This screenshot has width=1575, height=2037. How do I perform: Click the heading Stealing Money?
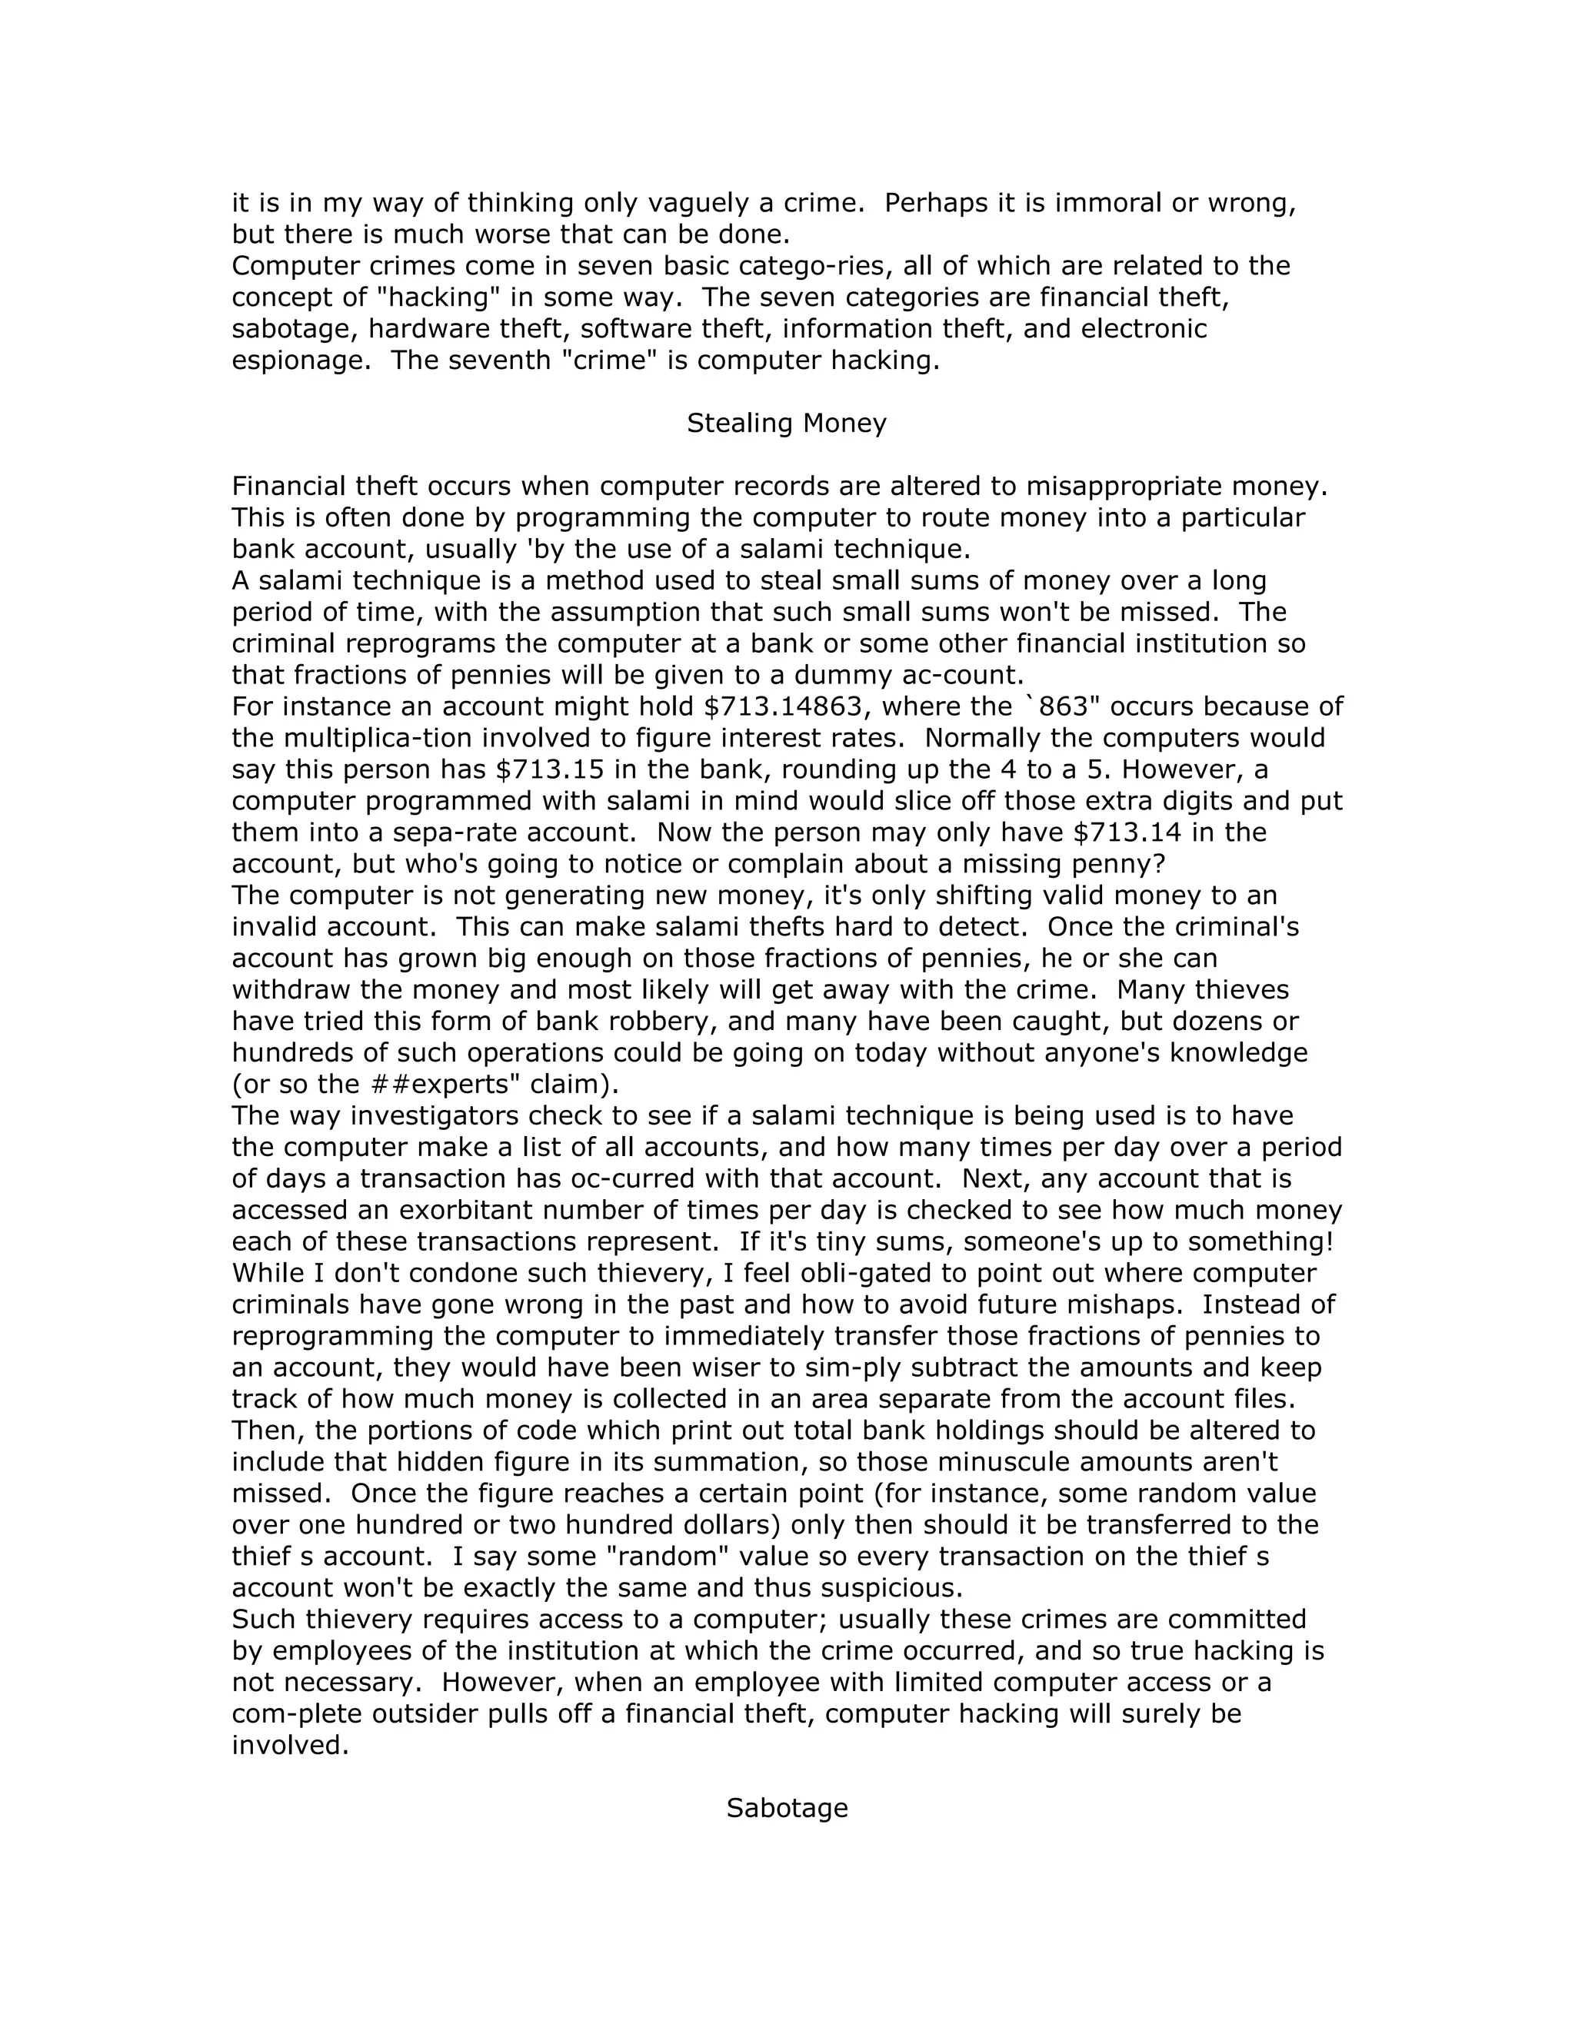coord(787,424)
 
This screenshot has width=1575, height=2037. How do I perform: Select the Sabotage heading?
coord(787,1808)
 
